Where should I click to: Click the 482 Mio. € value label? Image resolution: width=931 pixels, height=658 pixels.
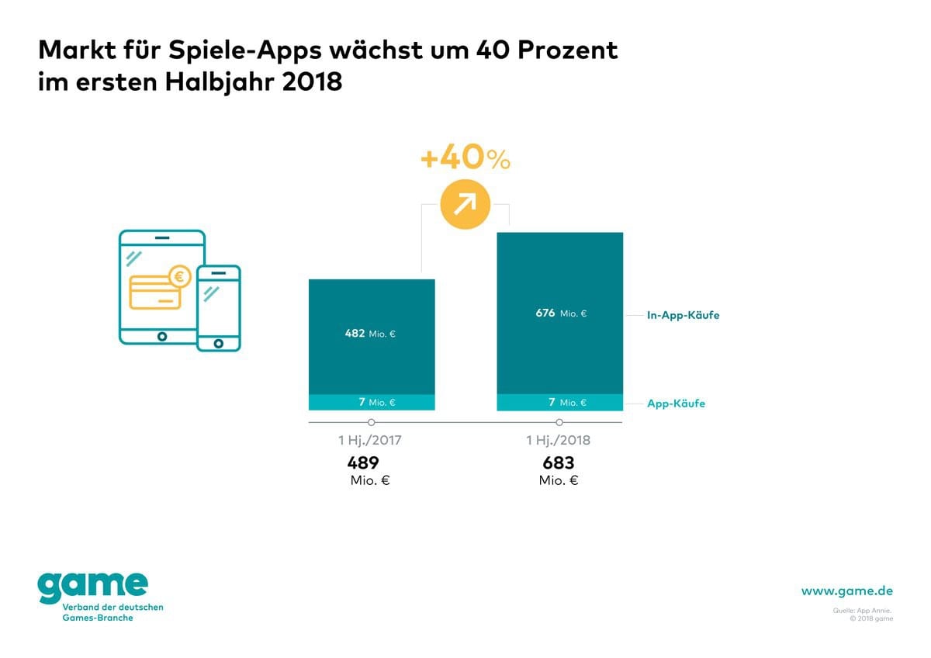370,334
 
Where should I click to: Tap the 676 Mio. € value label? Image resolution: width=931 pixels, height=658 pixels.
560,313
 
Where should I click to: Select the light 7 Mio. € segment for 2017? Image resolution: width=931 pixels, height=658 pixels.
372,402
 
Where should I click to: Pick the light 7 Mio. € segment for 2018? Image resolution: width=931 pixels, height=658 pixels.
559,402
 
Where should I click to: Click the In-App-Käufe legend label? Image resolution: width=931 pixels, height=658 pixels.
683,316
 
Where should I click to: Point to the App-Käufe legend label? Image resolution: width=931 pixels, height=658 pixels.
676,403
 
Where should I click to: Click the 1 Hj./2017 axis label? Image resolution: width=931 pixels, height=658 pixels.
370,441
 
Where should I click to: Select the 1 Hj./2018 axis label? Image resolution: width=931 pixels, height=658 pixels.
559,441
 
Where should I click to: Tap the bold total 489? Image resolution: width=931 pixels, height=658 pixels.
363,463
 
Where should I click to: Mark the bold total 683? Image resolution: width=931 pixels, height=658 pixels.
559,463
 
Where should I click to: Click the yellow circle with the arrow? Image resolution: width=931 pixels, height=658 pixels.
465,204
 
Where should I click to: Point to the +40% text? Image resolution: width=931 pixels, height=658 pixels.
465,159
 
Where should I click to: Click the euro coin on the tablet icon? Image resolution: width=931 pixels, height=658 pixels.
180,275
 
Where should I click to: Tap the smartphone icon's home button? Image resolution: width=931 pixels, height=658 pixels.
218,342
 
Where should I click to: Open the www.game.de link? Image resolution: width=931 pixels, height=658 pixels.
847,591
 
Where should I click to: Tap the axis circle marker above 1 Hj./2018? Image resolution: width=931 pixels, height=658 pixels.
559,422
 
